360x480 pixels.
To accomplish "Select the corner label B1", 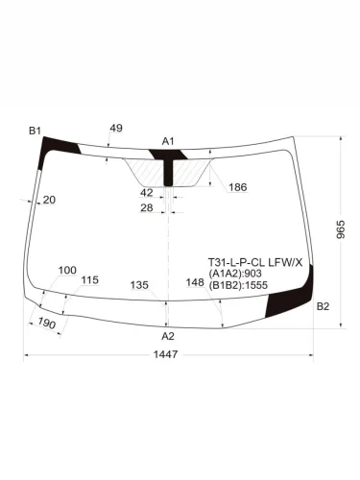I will [x=36, y=130].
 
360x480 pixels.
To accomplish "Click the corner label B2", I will [x=323, y=306].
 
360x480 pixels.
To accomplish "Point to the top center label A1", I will [x=168, y=141].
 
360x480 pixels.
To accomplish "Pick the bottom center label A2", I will [x=168, y=337].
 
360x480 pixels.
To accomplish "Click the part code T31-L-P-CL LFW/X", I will [x=255, y=261].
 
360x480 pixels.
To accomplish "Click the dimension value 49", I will [x=116, y=128].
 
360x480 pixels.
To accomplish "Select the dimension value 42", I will [x=147, y=193].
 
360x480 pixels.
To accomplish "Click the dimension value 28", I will [x=147, y=207].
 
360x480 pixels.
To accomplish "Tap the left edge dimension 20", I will [x=49, y=200].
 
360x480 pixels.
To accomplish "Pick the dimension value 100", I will [x=67, y=271].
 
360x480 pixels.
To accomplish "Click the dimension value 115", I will [x=89, y=280].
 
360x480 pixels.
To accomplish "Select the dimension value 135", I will [x=139, y=284].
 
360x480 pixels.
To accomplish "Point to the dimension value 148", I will [x=195, y=282].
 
